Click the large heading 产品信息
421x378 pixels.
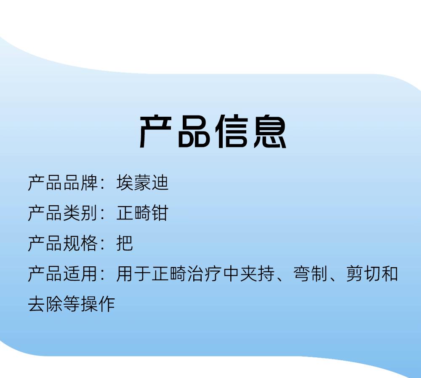[213, 131]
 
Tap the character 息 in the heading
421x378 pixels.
[270, 131]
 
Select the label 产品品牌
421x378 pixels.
[63, 183]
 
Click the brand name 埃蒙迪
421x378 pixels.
[142, 183]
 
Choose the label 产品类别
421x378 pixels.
[63, 213]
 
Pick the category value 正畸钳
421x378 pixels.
[142, 213]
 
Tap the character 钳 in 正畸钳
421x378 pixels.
[160, 213]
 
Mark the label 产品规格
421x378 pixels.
[63, 243]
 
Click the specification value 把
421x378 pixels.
[125, 243]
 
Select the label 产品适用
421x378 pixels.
[63, 273]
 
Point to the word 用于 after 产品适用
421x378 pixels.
[133, 273]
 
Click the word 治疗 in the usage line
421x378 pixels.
[204, 273]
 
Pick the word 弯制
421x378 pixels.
[310, 273]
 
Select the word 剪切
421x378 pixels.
[363, 273]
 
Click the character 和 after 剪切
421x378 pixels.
[389, 273]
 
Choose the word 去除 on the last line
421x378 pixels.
[45, 304]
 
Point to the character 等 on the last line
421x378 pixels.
[72, 304]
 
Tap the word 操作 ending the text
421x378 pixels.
[98, 304]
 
